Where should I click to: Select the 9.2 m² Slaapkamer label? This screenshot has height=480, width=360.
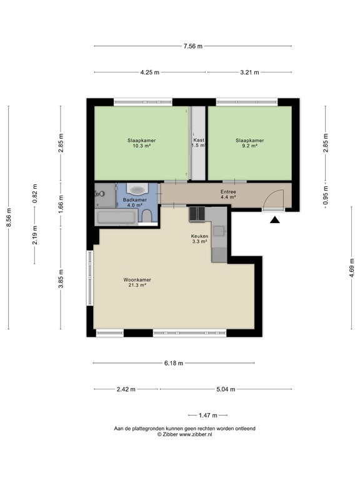(249, 143)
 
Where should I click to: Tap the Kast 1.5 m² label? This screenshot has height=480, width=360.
(199, 143)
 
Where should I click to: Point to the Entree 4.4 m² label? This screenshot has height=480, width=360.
(228, 194)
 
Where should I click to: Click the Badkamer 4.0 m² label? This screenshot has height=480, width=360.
(135, 202)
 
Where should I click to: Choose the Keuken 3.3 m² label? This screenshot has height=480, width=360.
(199, 238)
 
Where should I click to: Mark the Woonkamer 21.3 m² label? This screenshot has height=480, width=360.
(137, 282)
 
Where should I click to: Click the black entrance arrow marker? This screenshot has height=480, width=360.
(274, 219)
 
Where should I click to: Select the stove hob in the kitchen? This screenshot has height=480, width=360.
(197, 214)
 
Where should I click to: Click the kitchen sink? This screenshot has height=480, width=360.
(219, 231)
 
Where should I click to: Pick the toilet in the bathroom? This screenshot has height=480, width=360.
(147, 216)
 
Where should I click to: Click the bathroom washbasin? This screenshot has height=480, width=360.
(136, 189)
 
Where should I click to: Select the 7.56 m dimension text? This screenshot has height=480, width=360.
(192, 46)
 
